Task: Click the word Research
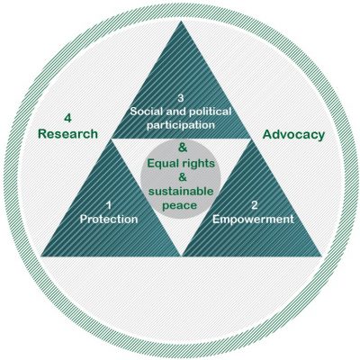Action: [67, 134]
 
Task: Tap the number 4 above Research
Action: [67, 118]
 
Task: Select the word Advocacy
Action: [293, 135]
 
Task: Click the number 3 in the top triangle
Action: [180, 98]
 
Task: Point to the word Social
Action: [146, 112]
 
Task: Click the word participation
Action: [181, 125]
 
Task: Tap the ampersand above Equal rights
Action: [183, 148]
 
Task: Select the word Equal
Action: [161, 164]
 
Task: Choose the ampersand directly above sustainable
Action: [183, 177]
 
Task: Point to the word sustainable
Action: [181, 191]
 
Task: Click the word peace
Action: [180, 206]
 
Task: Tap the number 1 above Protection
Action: [109, 205]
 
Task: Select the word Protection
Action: [109, 219]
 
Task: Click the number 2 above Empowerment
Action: [254, 205]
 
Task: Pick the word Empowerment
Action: [253, 219]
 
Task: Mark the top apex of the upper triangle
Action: [181, 21]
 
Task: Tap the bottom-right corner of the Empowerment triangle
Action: [321, 256]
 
